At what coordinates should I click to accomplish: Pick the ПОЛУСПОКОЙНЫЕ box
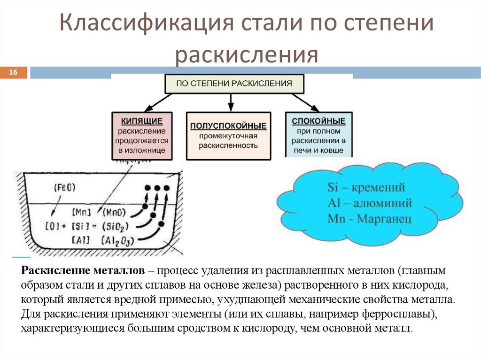tap(228, 135)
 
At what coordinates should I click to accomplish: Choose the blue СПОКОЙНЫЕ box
tap(318, 135)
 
